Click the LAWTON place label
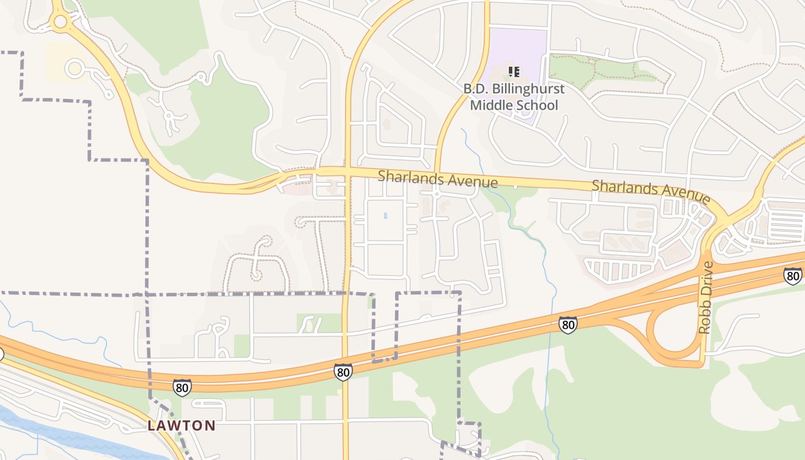point(182,426)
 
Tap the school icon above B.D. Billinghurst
point(514,72)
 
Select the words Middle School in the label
point(514,105)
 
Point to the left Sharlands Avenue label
point(438,179)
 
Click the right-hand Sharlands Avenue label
point(651,191)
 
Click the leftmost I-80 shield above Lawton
point(182,388)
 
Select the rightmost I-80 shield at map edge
point(792,276)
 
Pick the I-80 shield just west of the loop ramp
point(568,325)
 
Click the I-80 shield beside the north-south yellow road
point(343,373)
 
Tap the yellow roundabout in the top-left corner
point(60,22)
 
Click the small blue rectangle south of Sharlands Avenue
point(385,216)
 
